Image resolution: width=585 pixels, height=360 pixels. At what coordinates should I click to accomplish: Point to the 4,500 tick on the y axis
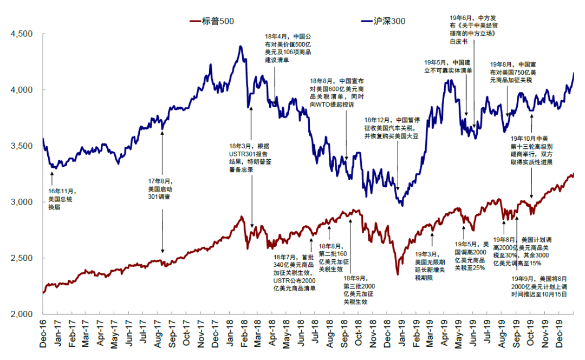(22, 34)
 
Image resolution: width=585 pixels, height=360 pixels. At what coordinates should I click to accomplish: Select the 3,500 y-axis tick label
(22, 146)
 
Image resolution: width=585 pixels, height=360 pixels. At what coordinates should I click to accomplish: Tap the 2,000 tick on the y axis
(22, 314)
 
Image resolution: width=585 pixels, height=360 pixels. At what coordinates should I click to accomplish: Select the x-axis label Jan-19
(404, 331)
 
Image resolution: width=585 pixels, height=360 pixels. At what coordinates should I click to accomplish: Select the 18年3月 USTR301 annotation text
(248, 158)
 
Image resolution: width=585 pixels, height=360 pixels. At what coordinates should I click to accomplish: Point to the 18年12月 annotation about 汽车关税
(391, 128)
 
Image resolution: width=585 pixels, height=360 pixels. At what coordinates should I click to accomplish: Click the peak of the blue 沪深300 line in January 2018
(240, 47)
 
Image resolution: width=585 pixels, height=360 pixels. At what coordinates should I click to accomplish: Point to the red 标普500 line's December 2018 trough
(398, 274)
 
